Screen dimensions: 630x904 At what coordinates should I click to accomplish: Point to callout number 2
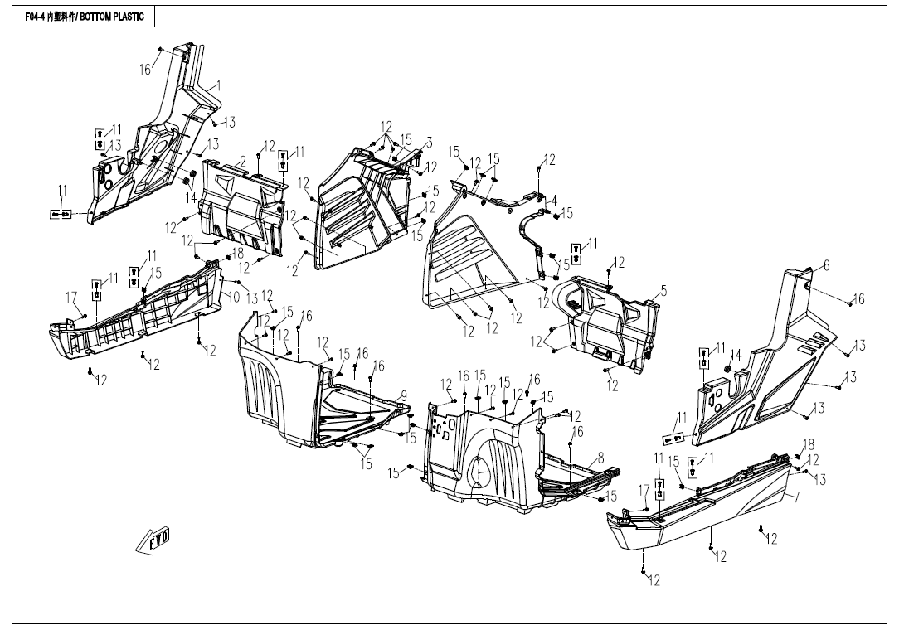[242, 160]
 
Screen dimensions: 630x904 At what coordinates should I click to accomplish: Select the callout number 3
[430, 143]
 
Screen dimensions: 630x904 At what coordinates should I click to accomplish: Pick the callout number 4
[554, 200]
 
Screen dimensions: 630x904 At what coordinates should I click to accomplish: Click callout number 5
[663, 291]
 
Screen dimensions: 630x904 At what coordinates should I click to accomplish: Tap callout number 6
[826, 266]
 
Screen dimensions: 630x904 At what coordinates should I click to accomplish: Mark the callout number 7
[796, 498]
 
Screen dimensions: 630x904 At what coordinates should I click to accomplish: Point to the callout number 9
[404, 395]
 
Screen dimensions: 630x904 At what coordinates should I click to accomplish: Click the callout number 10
[234, 296]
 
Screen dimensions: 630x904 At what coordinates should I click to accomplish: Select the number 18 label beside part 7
[809, 445]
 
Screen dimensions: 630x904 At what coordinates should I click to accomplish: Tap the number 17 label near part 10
[72, 297]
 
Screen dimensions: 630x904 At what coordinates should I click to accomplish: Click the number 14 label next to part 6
[736, 356]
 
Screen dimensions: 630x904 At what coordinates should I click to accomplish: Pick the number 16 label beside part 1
[145, 70]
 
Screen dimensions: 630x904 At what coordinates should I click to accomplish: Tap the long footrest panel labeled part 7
[705, 510]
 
